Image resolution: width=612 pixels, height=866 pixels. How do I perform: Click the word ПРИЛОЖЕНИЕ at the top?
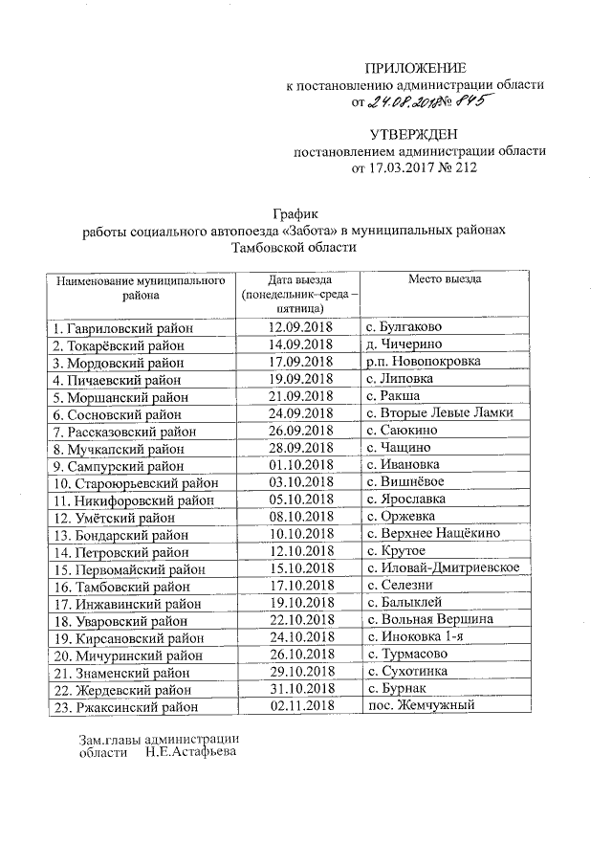tap(417, 68)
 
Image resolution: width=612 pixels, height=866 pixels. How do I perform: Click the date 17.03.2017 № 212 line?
tap(415, 167)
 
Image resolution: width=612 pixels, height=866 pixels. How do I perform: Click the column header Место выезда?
tap(445, 279)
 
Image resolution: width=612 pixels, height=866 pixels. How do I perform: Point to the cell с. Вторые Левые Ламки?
tap(439, 413)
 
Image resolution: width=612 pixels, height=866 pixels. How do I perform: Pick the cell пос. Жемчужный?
tap(421, 706)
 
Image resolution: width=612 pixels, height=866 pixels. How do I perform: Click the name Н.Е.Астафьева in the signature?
tap(190, 752)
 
